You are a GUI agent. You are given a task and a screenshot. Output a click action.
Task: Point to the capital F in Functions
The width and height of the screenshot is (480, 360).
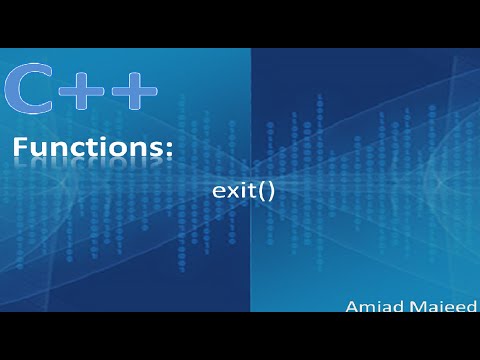pyautogui.click(x=21, y=149)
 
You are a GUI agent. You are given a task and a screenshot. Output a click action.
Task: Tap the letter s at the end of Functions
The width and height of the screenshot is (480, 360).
pyautogui.click(x=156, y=151)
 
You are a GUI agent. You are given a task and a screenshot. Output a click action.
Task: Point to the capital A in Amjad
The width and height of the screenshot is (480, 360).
pyautogui.click(x=351, y=306)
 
